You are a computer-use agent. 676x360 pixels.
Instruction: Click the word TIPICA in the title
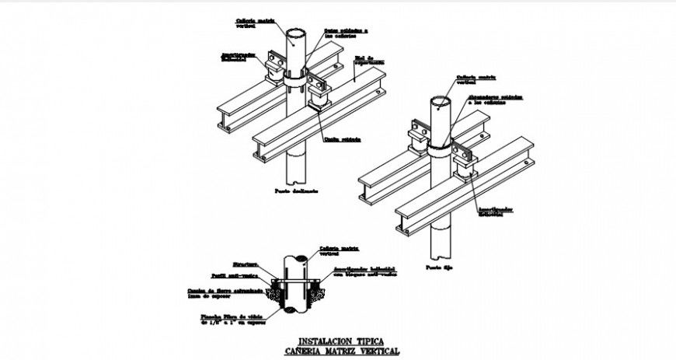click(378, 341)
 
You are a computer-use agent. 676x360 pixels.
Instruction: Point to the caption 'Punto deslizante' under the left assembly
click(297, 190)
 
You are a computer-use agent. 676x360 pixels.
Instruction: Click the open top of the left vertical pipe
click(297, 34)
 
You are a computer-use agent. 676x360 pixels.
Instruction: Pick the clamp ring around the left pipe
click(297, 81)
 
